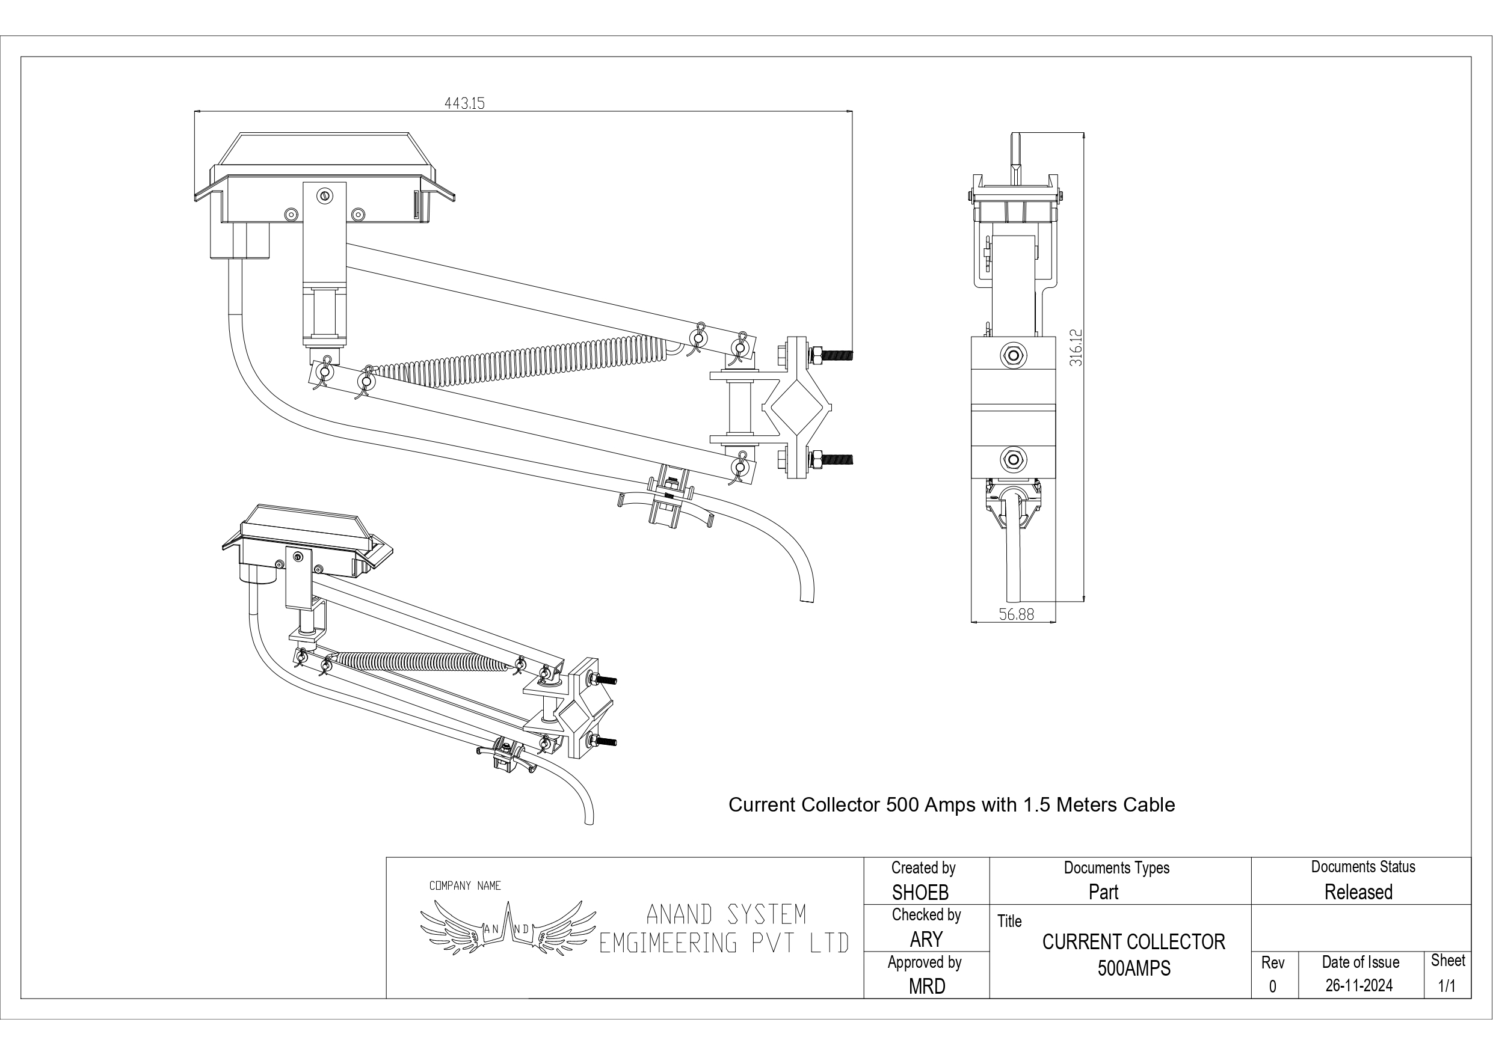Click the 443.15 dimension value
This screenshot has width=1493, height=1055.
pyautogui.click(x=464, y=103)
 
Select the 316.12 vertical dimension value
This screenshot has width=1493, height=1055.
pyautogui.click(x=1077, y=348)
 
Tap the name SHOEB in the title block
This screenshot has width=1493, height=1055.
pyautogui.click(x=920, y=893)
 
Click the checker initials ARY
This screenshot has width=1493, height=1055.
pyautogui.click(x=926, y=940)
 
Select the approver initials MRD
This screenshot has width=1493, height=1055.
pyautogui.click(x=926, y=986)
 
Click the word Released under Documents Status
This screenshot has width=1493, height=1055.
pyautogui.click(x=1358, y=893)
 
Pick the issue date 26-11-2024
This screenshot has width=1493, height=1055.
pyautogui.click(x=1359, y=986)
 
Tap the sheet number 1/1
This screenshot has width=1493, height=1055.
pyautogui.click(x=1447, y=986)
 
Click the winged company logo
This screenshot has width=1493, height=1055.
pyautogui.click(x=508, y=928)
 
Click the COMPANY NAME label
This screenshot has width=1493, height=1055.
pyautogui.click(x=465, y=886)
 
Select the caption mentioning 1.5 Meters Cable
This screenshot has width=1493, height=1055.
pyautogui.click(x=952, y=805)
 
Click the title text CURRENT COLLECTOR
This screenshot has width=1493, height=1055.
pyautogui.click(x=1133, y=942)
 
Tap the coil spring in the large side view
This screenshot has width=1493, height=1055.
pyautogui.click(x=520, y=362)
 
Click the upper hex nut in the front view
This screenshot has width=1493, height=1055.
pyautogui.click(x=1013, y=355)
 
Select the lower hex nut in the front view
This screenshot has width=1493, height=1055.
pyautogui.click(x=1013, y=458)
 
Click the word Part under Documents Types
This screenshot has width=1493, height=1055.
pyautogui.click(x=1103, y=893)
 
